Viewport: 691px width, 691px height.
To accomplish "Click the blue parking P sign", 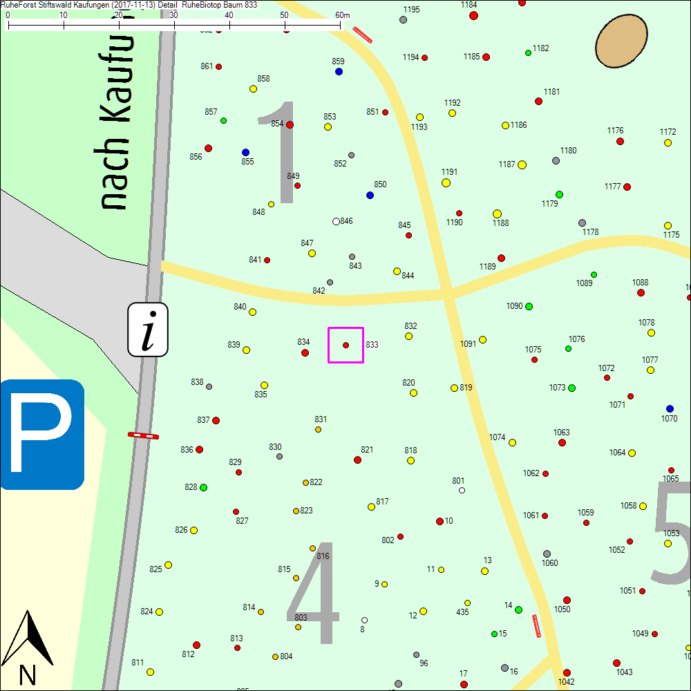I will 42,434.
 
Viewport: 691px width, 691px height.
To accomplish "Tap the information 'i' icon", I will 147,330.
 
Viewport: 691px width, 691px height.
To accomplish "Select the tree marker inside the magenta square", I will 345,345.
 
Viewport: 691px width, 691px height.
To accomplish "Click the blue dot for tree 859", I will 339,71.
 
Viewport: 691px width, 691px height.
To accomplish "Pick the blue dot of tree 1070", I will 670,408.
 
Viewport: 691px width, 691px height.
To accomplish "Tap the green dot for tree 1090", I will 529,306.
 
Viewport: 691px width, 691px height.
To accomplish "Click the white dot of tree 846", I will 336,221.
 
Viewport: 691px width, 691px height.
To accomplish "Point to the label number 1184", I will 468,5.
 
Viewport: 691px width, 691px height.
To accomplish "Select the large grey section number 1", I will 280,152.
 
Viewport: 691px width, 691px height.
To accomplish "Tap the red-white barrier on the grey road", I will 143,435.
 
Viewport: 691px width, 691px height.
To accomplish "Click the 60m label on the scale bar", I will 342,15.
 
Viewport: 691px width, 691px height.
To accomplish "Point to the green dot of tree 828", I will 203,487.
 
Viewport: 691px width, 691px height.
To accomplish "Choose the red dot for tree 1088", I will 641,292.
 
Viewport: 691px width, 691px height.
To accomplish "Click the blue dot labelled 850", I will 370,195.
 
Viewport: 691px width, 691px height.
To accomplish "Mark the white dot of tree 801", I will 462,490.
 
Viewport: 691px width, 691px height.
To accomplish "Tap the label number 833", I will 372,344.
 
